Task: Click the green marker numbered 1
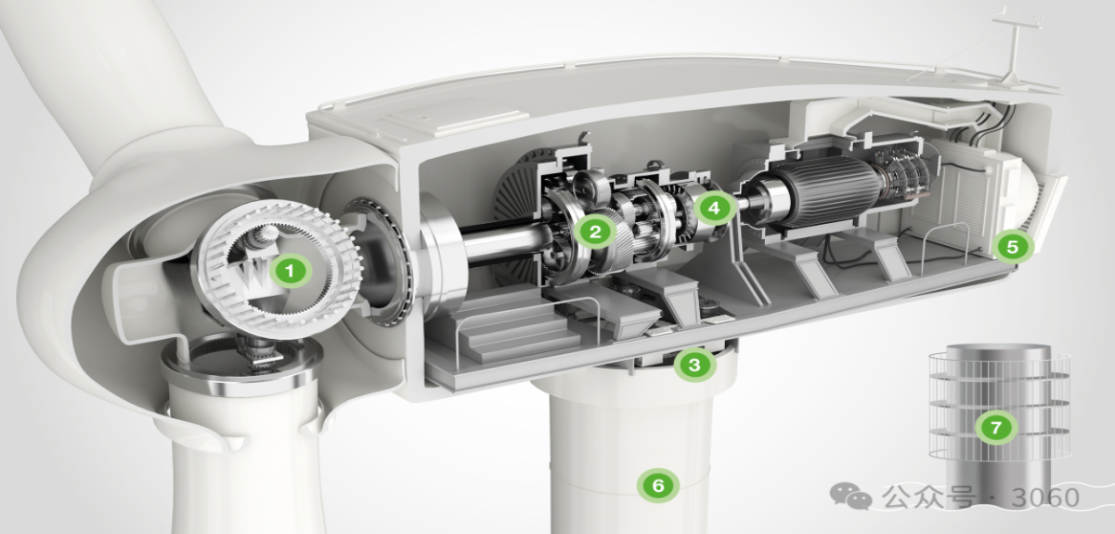289,271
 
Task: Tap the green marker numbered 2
595,231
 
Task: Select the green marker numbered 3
694,365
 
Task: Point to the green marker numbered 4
714,208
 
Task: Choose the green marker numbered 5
1013,247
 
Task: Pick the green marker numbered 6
659,485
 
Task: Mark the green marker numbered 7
995,427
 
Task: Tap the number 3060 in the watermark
1045,497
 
